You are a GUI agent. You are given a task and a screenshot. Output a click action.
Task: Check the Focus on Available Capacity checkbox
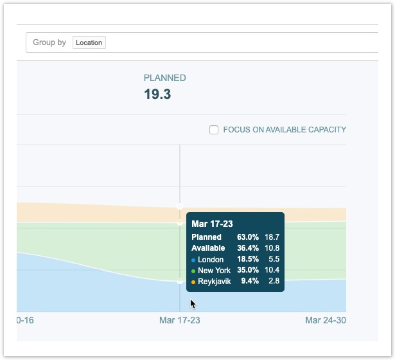[x=214, y=130]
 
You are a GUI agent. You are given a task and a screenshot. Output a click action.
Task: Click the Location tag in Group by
[x=89, y=42]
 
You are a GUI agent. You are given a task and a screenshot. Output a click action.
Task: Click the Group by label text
[x=49, y=42]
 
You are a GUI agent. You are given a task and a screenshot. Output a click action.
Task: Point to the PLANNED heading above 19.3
[x=164, y=78]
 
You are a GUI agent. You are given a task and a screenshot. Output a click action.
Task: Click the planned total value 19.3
[x=157, y=94]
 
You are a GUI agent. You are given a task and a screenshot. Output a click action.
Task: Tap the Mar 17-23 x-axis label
[x=180, y=320]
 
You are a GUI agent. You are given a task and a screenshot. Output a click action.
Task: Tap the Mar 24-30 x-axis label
[x=325, y=320]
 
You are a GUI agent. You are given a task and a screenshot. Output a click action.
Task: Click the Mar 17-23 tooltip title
[x=212, y=224]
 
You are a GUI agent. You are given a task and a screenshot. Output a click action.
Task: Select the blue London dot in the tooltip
[x=193, y=260]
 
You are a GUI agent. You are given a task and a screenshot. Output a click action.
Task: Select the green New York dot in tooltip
[x=193, y=271]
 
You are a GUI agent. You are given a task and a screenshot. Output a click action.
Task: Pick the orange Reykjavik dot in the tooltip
[x=193, y=282]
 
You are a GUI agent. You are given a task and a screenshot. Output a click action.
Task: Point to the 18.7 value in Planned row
[x=272, y=237]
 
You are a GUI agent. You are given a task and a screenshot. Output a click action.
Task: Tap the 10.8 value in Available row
[x=272, y=248]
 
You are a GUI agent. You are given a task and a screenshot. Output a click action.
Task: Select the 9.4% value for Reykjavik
[x=250, y=282]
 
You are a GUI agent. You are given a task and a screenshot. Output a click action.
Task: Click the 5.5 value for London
[x=274, y=260]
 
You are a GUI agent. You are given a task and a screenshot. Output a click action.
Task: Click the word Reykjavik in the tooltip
[x=214, y=282]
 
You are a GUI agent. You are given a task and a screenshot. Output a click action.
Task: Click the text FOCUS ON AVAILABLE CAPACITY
[x=285, y=130]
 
